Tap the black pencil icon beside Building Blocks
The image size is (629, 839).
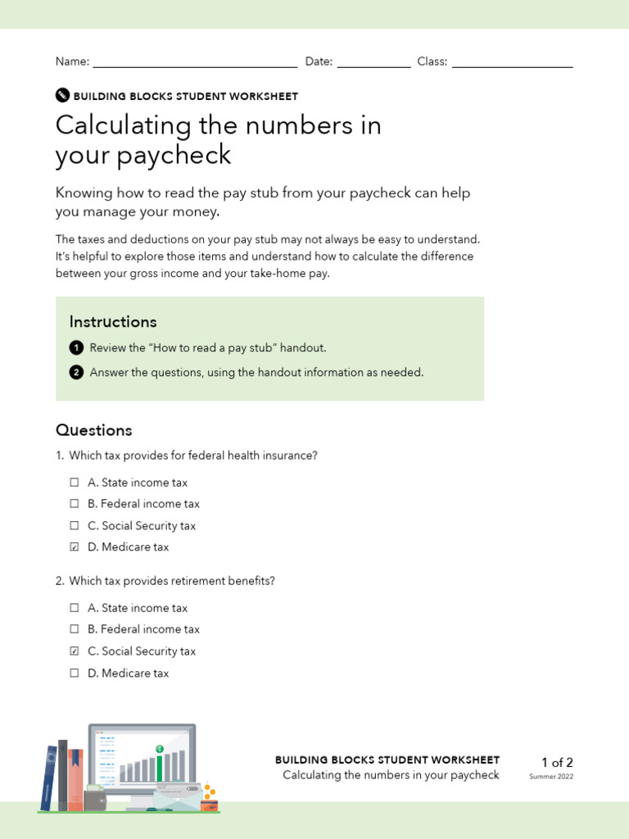coord(62,95)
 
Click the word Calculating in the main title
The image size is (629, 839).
coord(123,126)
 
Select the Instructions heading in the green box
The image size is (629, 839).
coord(112,321)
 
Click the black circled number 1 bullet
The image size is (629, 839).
coord(76,347)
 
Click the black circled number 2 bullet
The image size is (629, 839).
coord(76,372)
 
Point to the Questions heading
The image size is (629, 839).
coord(93,430)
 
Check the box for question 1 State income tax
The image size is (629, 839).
coord(75,483)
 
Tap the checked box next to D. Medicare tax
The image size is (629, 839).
coord(75,547)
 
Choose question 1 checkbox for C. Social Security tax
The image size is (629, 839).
coord(75,526)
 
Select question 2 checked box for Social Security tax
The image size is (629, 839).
coord(75,651)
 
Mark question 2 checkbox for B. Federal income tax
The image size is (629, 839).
coord(75,629)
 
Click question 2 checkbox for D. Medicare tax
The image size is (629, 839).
coord(75,673)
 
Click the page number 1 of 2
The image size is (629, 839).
coord(557,763)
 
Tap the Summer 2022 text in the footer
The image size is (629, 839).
coord(551,777)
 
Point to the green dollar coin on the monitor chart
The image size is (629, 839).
coord(161,749)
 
